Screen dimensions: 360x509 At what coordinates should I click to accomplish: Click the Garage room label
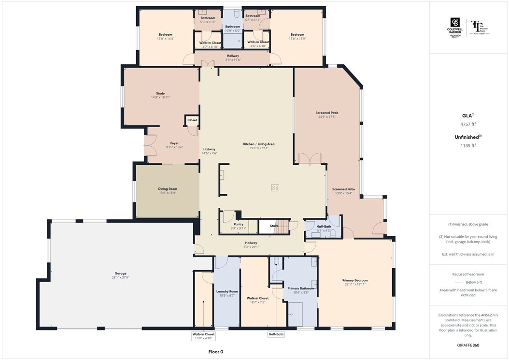click(120, 274)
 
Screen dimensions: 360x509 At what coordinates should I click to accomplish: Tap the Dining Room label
click(168, 189)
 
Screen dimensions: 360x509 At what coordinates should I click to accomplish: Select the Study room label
click(160, 94)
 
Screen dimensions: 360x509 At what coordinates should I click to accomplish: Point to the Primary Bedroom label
click(355, 280)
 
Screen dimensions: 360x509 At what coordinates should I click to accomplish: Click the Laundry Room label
click(227, 291)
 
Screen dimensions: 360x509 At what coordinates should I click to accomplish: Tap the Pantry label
click(239, 224)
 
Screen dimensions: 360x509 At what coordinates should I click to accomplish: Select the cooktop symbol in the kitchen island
click(275, 187)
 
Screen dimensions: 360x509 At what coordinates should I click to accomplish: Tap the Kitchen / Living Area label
click(259, 144)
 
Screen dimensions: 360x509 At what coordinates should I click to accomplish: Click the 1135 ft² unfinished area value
click(468, 145)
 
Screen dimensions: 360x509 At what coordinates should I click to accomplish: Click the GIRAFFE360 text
click(468, 346)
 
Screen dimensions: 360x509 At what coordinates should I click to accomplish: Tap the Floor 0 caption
click(215, 352)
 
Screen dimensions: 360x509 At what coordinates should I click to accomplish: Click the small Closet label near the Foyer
click(192, 120)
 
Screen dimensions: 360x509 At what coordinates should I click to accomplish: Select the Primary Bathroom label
click(301, 288)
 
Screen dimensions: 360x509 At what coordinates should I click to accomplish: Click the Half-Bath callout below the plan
click(276, 334)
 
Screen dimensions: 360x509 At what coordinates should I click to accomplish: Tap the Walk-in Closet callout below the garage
click(203, 334)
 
